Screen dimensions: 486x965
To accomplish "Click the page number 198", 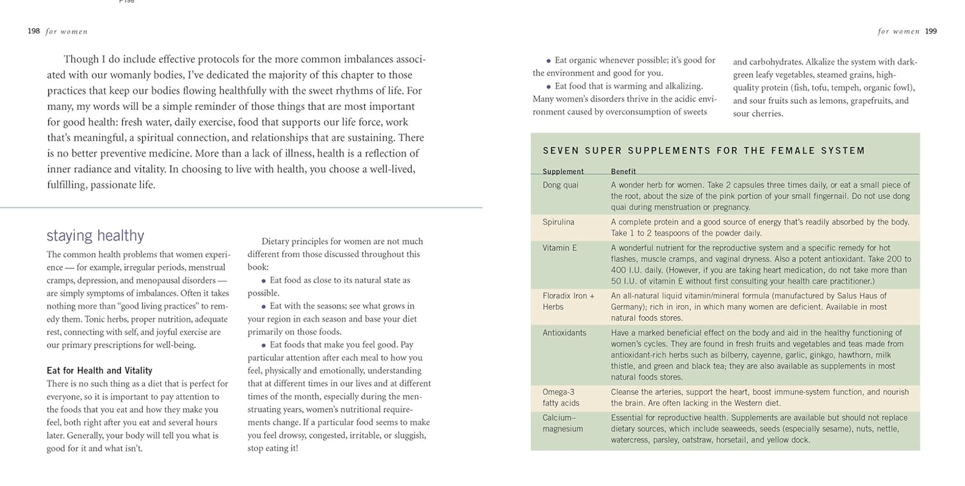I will (33, 31).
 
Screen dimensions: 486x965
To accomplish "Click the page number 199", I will (931, 31).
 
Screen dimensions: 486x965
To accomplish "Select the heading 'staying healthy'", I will (95, 236).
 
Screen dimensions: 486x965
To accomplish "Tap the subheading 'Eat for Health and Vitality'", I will (99, 371).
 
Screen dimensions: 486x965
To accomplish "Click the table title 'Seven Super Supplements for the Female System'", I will (704, 151).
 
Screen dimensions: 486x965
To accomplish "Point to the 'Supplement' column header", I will (562, 171).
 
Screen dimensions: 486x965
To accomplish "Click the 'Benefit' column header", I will (623, 171).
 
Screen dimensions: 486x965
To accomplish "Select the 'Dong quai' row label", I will (560, 185).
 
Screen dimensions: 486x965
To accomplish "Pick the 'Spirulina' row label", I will (558, 222).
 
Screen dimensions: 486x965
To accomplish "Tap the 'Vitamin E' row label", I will (559, 248).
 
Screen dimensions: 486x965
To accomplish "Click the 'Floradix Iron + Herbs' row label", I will (568, 301).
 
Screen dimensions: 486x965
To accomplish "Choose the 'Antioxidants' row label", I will (564, 333).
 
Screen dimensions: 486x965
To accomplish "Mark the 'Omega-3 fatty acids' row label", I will (561, 397).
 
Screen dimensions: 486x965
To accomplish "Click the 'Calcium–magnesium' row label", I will (562, 423).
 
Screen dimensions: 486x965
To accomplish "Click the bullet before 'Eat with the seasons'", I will (263, 307).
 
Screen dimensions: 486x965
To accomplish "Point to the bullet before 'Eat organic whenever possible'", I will (548, 61).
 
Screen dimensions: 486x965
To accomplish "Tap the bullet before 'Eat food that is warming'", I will (548, 87).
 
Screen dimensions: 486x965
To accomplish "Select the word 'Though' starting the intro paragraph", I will (81, 60).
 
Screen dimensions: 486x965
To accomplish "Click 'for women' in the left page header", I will (66, 32).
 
